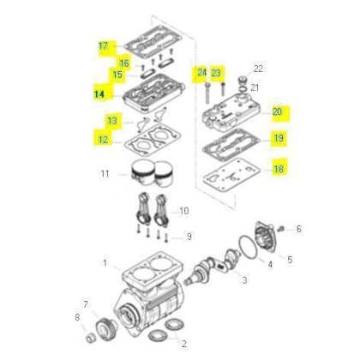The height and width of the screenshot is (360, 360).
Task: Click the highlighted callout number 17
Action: tap(103, 45)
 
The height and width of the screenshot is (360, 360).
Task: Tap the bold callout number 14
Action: tap(99, 94)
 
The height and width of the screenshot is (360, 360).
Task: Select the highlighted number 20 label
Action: tap(277, 111)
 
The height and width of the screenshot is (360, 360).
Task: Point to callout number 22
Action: tap(258, 69)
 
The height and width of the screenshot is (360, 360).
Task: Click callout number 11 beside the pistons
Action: tap(105, 174)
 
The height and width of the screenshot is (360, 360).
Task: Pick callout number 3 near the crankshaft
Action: tap(244, 280)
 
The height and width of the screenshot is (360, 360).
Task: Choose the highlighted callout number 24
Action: tap(201, 72)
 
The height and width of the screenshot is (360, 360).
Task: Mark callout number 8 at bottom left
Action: tap(77, 317)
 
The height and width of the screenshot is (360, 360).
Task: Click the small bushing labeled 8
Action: tap(91, 339)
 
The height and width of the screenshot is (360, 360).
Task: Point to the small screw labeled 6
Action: tap(281, 229)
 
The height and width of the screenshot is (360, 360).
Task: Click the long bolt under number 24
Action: tap(207, 93)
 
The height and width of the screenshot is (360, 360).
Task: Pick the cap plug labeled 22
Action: tap(243, 79)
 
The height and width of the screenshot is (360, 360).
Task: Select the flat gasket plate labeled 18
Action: tap(231, 177)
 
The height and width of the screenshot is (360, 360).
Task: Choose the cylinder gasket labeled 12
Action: tap(153, 140)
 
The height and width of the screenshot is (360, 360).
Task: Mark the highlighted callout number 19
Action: tap(279, 138)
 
